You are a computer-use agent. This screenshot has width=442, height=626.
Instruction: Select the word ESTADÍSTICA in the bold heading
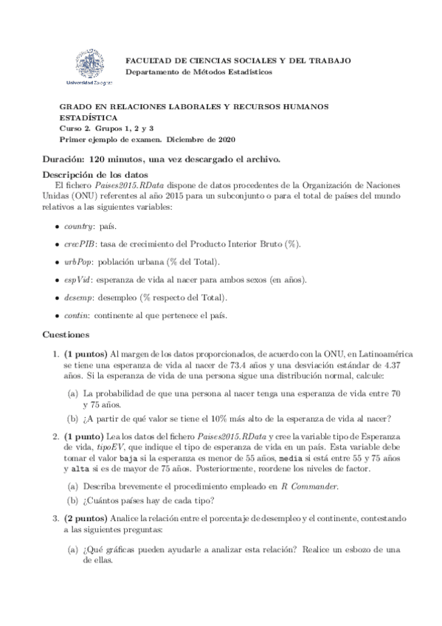(x=88, y=117)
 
